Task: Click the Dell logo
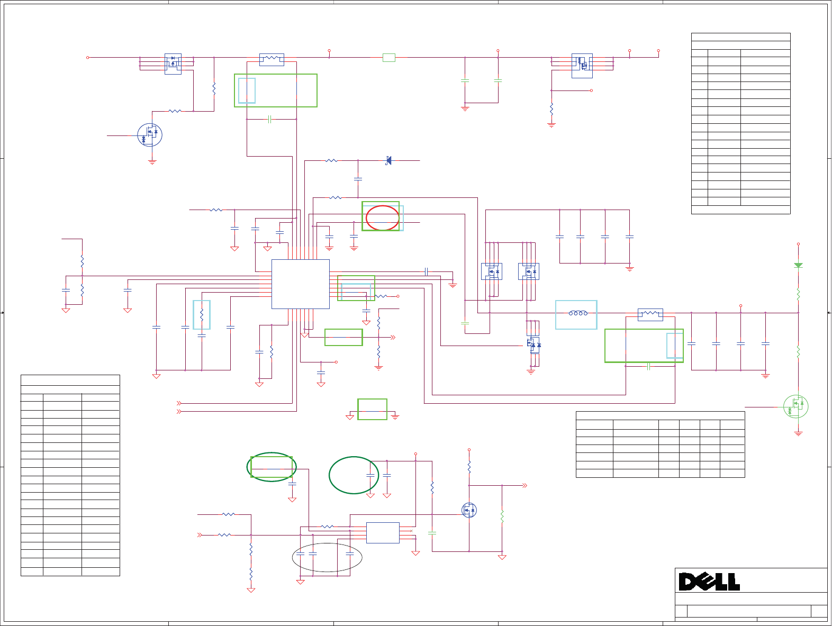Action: click(x=709, y=582)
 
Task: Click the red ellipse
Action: click(x=383, y=217)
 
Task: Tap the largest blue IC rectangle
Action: click(x=300, y=284)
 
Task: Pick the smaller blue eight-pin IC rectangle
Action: click(x=383, y=533)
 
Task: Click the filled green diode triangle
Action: click(x=798, y=265)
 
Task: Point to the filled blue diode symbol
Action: click(x=388, y=160)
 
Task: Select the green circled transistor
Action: click(x=795, y=406)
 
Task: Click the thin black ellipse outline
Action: click(x=327, y=558)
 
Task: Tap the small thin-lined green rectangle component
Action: click(x=388, y=58)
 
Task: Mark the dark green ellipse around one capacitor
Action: click(x=354, y=475)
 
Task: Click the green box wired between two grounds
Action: click(x=372, y=409)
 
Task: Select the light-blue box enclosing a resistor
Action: click(x=202, y=315)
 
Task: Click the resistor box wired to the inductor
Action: click(x=650, y=315)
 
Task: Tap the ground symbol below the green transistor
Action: click(x=798, y=433)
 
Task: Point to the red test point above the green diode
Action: click(x=798, y=244)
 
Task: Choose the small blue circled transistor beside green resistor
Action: click(x=469, y=510)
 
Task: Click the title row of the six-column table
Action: click(x=660, y=415)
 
